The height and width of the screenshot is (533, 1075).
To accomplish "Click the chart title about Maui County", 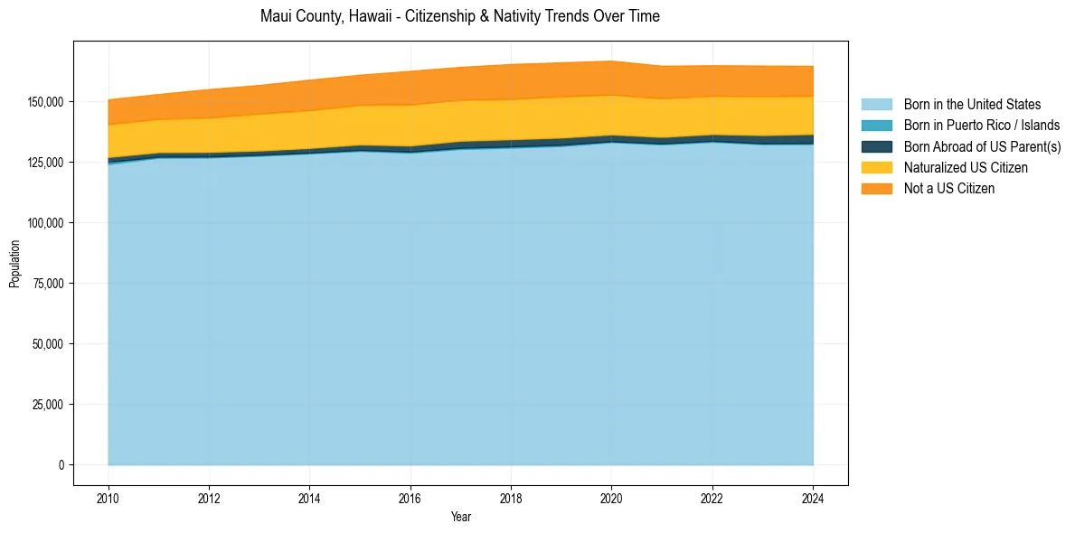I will (x=460, y=16).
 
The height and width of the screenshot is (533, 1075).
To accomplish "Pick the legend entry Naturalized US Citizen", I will (x=965, y=167).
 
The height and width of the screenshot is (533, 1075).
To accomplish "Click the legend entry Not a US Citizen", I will (x=948, y=188).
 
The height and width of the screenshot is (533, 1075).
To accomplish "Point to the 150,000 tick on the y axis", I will (x=47, y=101).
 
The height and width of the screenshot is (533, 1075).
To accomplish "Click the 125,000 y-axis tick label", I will (x=47, y=162).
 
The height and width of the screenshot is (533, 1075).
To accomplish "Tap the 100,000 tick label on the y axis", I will (x=47, y=222).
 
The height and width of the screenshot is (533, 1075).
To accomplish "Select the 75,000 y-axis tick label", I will (x=50, y=283).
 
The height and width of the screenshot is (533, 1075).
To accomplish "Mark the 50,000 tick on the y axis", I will (x=50, y=343).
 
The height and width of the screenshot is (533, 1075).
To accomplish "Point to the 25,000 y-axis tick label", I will (x=50, y=404).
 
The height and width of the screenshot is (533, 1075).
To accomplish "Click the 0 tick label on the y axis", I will (x=62, y=464).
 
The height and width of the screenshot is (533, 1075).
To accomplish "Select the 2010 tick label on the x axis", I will (x=108, y=498).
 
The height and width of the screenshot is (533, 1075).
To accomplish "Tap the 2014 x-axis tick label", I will (x=310, y=498).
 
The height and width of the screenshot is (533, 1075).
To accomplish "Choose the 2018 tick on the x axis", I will (x=512, y=498).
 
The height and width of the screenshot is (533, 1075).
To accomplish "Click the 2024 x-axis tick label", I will (x=814, y=498).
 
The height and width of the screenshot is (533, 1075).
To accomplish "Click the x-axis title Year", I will (x=460, y=517).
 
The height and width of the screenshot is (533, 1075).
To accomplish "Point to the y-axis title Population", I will (x=14, y=264).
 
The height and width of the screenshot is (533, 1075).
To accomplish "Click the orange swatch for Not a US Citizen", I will (x=876, y=188).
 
